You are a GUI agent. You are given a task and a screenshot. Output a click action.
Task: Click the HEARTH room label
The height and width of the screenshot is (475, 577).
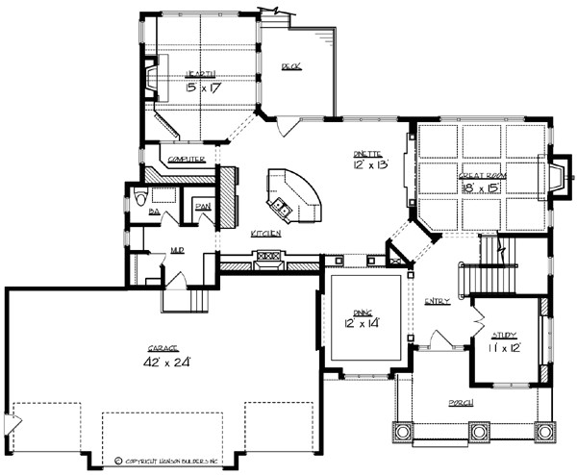click(x=200, y=75)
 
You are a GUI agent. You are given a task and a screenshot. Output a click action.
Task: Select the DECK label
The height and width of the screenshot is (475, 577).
click(x=292, y=65)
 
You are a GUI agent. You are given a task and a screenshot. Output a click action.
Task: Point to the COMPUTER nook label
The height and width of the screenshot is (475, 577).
click(x=187, y=159)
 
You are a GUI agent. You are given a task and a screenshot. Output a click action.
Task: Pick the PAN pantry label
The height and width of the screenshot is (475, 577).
click(x=203, y=206)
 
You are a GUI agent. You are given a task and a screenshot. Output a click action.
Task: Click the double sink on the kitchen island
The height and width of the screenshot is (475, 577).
click(x=282, y=204)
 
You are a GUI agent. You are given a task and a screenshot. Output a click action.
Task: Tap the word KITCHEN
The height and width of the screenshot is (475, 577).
click(x=266, y=234)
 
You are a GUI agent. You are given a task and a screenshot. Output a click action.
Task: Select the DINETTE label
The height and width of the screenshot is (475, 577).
click(x=368, y=153)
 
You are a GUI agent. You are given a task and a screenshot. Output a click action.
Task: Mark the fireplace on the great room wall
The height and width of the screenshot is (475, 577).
click(x=558, y=176)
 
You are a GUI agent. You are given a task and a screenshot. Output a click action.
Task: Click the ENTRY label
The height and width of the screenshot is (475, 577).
click(x=438, y=301)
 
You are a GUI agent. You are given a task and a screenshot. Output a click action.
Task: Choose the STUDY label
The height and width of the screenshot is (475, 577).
click(x=503, y=336)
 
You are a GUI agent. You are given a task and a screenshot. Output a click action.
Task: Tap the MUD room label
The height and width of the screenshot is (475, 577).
click(x=177, y=250)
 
